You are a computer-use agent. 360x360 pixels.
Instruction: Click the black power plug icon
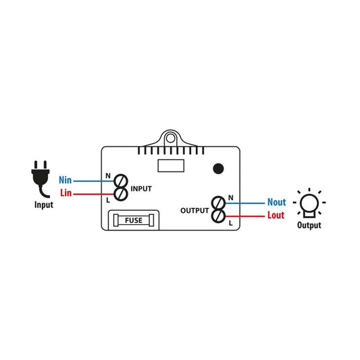click(41, 178)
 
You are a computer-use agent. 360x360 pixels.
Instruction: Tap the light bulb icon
click(309, 203)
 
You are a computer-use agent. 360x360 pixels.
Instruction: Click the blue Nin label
click(66, 180)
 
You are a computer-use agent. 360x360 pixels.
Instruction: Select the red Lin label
click(66, 193)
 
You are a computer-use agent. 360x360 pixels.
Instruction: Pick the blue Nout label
click(277, 202)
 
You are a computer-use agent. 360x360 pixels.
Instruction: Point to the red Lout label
click(276, 215)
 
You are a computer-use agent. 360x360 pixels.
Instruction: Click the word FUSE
click(134, 220)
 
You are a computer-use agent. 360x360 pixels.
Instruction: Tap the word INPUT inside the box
click(141, 188)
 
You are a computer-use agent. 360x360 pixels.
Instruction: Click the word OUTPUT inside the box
click(195, 211)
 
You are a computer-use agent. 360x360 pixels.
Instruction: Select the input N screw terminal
click(121, 181)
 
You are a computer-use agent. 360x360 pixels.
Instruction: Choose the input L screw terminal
click(121, 195)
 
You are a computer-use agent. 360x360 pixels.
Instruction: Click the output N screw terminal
click(218, 203)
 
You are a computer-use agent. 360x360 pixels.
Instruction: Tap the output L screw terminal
click(218, 216)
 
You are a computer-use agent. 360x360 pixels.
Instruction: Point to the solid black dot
click(218, 169)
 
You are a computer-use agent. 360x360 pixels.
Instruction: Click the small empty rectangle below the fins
click(171, 165)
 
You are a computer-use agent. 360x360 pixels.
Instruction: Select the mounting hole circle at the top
click(170, 138)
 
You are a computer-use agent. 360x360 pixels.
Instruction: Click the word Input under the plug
click(44, 205)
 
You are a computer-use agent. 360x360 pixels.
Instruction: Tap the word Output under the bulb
click(309, 225)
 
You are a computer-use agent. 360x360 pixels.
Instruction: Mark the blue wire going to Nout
click(245, 203)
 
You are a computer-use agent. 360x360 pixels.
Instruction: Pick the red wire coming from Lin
click(94, 195)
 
